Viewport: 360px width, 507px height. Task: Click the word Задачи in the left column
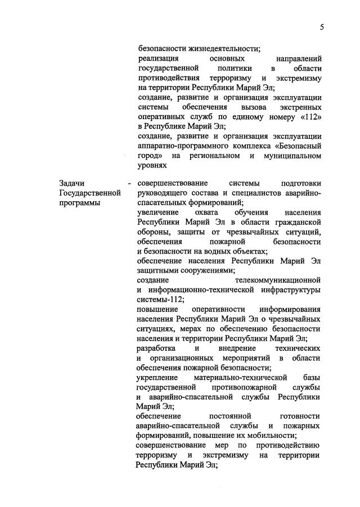tap(71, 183)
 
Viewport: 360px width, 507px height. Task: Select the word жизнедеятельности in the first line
tap(224, 48)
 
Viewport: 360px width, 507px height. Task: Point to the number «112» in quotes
tap(310, 117)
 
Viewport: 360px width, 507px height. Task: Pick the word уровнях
tap(152, 165)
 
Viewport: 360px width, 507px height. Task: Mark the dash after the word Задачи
tap(129, 183)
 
